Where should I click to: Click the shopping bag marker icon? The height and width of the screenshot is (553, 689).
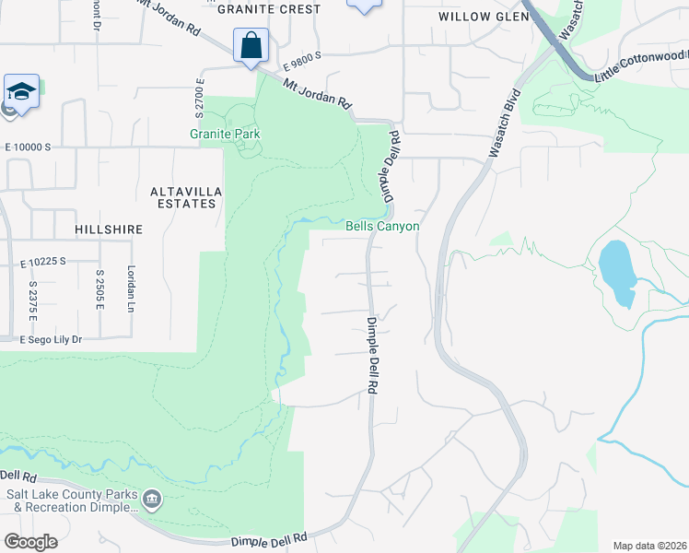(251, 45)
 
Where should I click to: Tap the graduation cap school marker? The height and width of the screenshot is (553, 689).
(21, 91)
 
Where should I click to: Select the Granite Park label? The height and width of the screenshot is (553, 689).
(225, 134)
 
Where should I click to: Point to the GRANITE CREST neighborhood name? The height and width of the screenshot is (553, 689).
(268, 9)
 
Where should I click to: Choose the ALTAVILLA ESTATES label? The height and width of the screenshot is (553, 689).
(182, 197)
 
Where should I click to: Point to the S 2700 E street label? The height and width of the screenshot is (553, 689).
(198, 98)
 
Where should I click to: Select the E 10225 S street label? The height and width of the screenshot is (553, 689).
(43, 262)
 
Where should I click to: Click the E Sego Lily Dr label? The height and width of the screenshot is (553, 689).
(51, 340)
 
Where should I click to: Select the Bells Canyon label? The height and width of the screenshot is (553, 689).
(382, 226)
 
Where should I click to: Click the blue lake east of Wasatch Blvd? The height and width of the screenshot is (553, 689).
(616, 272)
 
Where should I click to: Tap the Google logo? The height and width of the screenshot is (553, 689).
(31, 542)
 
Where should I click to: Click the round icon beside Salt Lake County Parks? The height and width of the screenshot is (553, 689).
(152, 500)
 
